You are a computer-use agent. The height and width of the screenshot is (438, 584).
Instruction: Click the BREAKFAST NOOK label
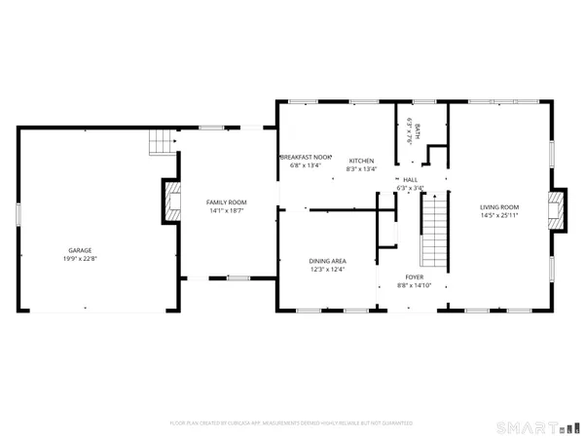307,157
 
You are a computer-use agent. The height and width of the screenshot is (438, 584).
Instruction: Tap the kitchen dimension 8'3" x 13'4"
362,169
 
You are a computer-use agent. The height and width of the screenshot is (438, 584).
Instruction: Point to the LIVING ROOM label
498,206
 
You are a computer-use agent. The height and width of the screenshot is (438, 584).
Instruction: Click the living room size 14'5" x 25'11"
498,216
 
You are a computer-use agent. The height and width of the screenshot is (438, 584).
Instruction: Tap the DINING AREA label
327,261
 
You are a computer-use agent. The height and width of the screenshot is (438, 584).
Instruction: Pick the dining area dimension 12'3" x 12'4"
327,271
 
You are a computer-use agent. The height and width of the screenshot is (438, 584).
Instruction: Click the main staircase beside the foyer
434,231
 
